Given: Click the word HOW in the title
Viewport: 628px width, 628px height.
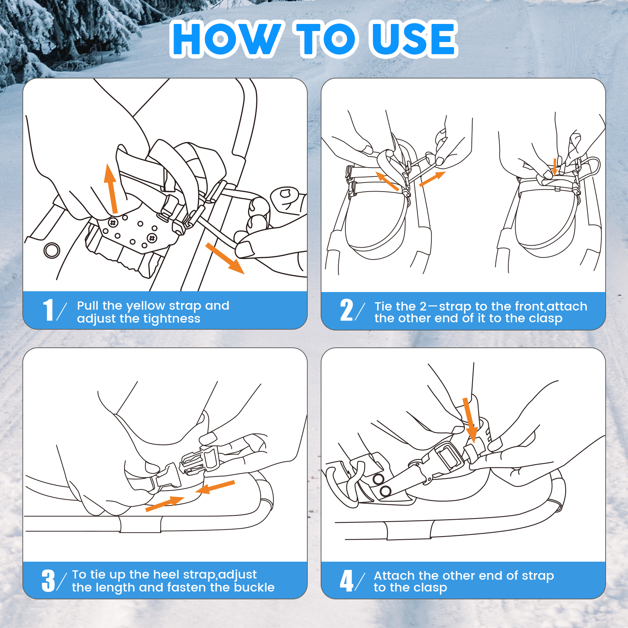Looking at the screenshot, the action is (227, 38).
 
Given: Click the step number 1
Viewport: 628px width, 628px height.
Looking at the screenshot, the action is (48, 310).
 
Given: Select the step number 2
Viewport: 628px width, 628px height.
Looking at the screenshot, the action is (347, 310).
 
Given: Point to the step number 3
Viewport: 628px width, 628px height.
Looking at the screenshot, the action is (48, 581).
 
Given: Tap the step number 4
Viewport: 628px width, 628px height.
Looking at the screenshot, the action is (347, 581).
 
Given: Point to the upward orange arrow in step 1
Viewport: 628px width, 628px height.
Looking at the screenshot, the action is (111, 188).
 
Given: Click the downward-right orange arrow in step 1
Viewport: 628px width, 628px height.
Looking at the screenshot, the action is (225, 258).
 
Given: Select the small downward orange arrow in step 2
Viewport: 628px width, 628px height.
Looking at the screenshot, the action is (555, 166).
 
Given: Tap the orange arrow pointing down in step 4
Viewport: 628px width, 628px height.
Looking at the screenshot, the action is (470, 420).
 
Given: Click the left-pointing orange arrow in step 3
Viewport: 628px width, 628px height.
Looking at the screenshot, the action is (215, 487).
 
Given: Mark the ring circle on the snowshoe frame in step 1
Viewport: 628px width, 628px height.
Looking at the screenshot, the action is (52, 250).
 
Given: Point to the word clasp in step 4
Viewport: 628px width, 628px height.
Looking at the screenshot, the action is (430, 588).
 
